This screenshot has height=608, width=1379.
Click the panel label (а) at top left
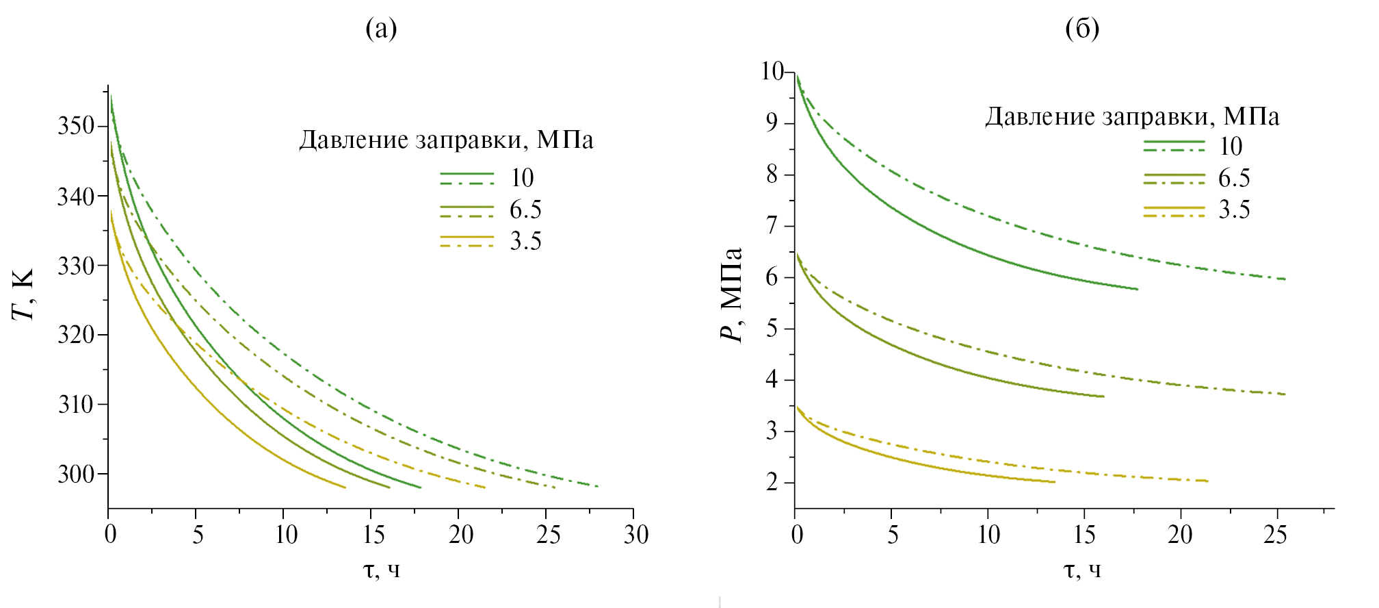pyautogui.click(x=381, y=29)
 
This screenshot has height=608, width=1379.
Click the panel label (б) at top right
pyautogui.click(x=1082, y=29)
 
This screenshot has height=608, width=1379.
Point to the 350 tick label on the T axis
pyautogui.click(x=76, y=127)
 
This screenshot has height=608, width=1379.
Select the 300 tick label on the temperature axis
pyautogui.click(x=76, y=474)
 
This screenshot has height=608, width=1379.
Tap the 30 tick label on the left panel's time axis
pyautogui.click(x=635, y=535)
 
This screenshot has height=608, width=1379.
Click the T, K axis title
pyautogui.click(x=23, y=294)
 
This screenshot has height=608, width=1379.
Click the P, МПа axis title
pyautogui.click(x=732, y=294)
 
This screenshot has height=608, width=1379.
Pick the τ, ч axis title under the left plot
pyautogui.click(x=381, y=570)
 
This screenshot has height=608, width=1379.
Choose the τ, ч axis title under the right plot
pyautogui.click(x=1082, y=570)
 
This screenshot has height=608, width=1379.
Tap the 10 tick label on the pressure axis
pyautogui.click(x=772, y=71)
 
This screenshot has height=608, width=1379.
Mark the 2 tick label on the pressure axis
pyautogui.click(x=772, y=483)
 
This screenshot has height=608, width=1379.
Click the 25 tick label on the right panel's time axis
pyautogui.click(x=1275, y=535)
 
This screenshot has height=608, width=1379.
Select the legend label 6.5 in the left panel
pyautogui.click(x=525, y=210)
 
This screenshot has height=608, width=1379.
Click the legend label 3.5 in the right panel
pyautogui.click(x=1234, y=210)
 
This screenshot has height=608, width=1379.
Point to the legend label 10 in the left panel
pyautogui.click(x=522, y=178)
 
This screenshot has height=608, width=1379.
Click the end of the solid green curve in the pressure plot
pyautogui.click(x=1137, y=289)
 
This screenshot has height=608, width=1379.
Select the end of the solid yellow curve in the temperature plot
pyautogui.click(x=345, y=487)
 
